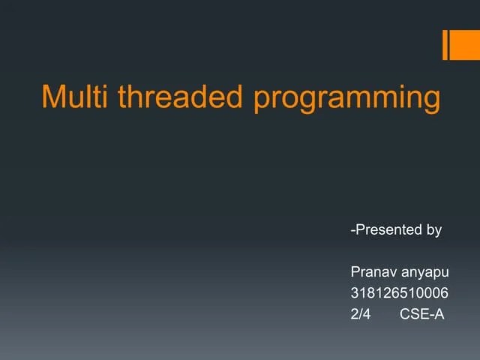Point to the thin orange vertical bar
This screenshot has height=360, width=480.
445,44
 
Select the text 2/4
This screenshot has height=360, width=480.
361,313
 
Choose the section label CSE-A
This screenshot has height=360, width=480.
422,313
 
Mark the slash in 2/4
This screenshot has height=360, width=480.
361,313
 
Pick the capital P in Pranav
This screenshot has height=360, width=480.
355,271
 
